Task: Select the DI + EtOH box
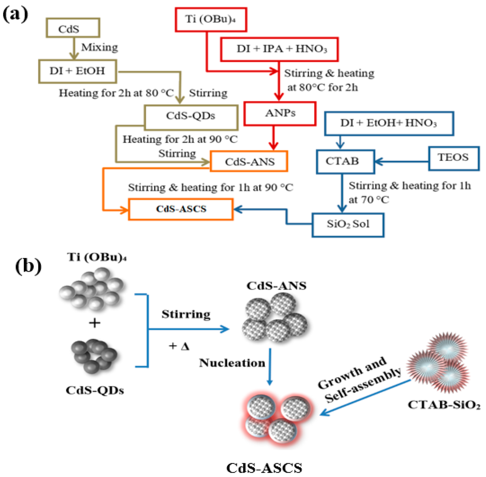pos(77,71)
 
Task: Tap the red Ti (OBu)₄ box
pos(211,20)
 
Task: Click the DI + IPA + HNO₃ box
pos(279,49)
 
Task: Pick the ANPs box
pos(279,114)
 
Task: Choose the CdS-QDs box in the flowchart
pos(191,117)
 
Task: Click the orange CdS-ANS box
pos(249,161)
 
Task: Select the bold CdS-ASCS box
pos(181,209)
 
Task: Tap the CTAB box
pos(345,161)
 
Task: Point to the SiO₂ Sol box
pos(347,225)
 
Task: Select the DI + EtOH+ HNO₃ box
pos(388,123)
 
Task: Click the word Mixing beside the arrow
pos(99,47)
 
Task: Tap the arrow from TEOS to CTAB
pos(401,161)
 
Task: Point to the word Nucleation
pos(232,363)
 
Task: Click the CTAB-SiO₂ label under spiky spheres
pos(444,405)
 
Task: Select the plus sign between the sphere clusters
pos(94,323)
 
